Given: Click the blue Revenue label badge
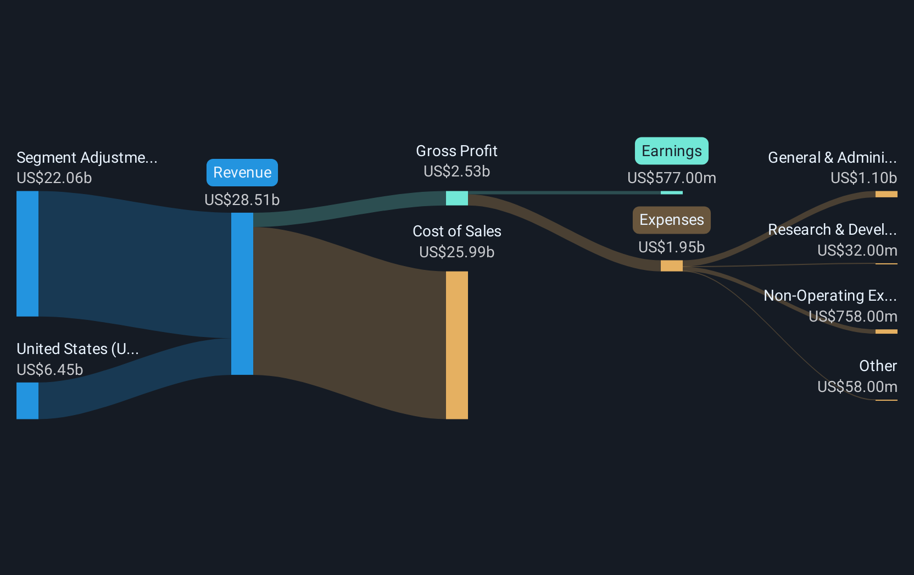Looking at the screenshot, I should (242, 173).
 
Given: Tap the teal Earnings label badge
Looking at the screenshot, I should (671, 151).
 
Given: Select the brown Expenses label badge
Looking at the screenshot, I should (671, 220).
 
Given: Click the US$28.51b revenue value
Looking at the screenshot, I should (242, 200).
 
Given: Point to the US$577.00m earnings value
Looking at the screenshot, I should (671, 178).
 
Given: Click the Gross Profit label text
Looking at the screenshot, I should (456, 151).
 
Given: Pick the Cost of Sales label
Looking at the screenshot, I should (456, 231).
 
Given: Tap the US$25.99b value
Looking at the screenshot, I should (456, 252).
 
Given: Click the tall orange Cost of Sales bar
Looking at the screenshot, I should (456, 345).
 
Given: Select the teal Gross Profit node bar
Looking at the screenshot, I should (456, 198).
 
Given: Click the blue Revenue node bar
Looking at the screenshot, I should (242, 294).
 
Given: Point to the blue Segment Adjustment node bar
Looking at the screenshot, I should (27, 253).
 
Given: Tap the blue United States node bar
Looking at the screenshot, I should (27, 401).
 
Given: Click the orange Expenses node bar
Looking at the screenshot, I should (671, 266).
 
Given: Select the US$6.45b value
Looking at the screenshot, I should (50, 369).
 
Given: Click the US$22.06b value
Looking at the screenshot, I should (54, 178).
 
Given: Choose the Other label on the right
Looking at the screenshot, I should (878, 366).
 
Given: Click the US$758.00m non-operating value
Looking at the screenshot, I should (852, 317).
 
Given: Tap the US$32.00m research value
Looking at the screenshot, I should (857, 251).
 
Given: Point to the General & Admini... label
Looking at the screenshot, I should (832, 158).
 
